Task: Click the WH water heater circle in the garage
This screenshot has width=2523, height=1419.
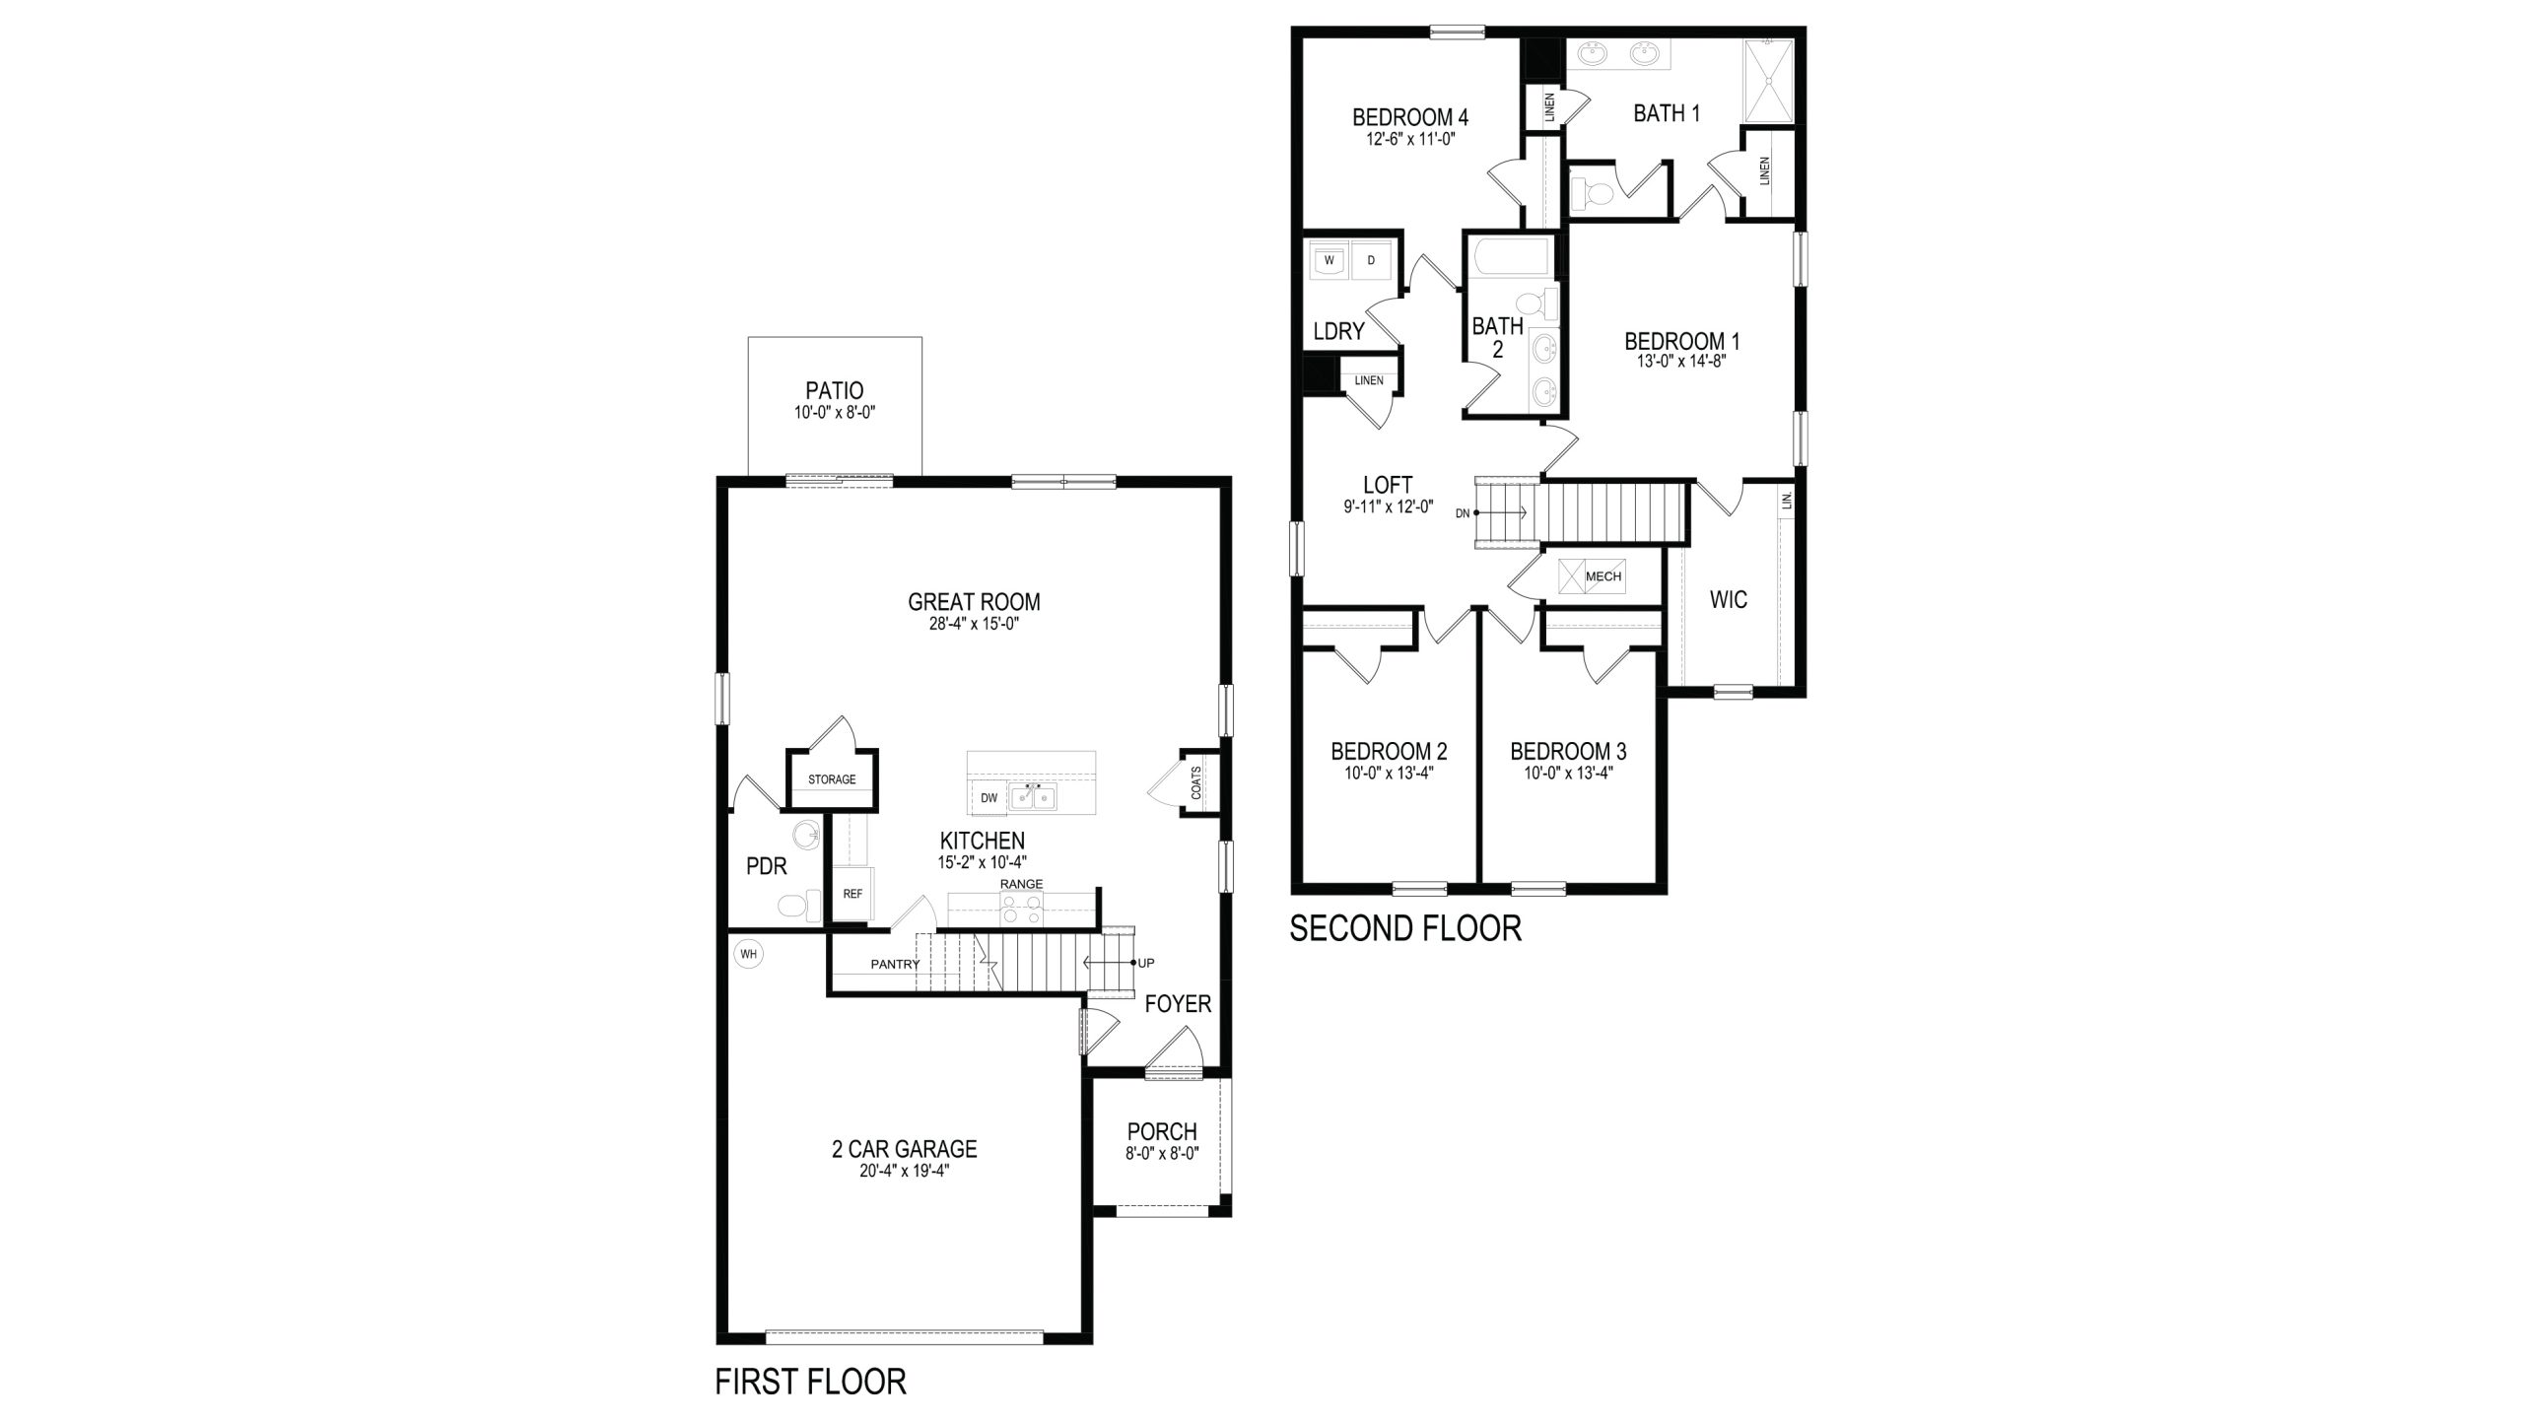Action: pyautogui.click(x=749, y=954)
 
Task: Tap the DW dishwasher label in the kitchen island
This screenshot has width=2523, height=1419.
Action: pyautogui.click(x=989, y=798)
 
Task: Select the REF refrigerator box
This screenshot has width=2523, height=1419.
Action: pyautogui.click(x=852, y=894)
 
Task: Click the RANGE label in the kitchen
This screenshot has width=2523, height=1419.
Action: pyautogui.click(x=1021, y=884)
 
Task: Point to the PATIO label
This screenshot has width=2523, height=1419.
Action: pyautogui.click(x=834, y=391)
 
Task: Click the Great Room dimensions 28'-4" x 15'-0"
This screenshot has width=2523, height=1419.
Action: pyautogui.click(x=974, y=624)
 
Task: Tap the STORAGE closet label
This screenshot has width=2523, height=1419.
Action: pyautogui.click(x=832, y=779)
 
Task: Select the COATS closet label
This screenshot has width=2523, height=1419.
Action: pyautogui.click(x=1196, y=782)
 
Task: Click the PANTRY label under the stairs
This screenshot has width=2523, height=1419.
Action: pyautogui.click(x=895, y=964)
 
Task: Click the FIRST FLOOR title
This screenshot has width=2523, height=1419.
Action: pyautogui.click(x=810, y=1382)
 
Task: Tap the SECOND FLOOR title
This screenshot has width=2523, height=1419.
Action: pyautogui.click(x=1405, y=928)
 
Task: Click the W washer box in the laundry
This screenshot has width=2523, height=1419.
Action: pyautogui.click(x=1330, y=261)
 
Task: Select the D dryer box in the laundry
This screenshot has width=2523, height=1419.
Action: pyautogui.click(x=1370, y=261)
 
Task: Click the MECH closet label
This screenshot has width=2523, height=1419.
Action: pyautogui.click(x=1603, y=576)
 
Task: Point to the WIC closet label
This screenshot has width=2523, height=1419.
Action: pyautogui.click(x=1729, y=599)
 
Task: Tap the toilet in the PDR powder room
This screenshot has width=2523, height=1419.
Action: pyautogui.click(x=797, y=905)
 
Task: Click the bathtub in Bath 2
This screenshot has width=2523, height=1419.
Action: pyautogui.click(x=1510, y=258)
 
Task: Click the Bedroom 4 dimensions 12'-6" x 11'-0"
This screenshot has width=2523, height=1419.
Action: pyautogui.click(x=1410, y=139)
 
